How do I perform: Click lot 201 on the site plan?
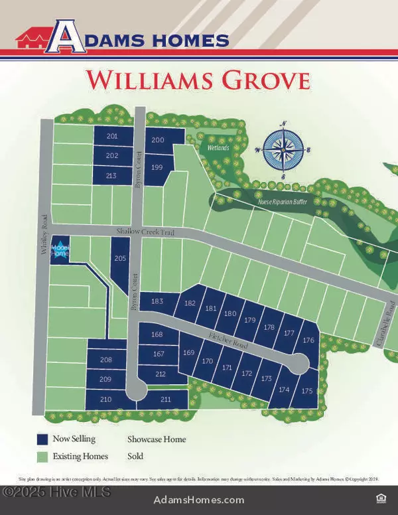[111, 136]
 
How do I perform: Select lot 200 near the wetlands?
[159, 140]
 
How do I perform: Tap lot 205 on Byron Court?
[120, 259]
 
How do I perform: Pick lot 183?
[157, 302]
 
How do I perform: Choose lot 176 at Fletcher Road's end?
[308, 340]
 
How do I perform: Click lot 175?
[306, 392]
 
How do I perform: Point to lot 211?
[165, 399]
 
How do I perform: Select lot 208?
[105, 360]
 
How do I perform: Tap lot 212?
[160, 374]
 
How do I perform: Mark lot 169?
[188, 352]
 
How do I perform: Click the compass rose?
[283, 150]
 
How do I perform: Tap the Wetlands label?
[217, 148]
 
